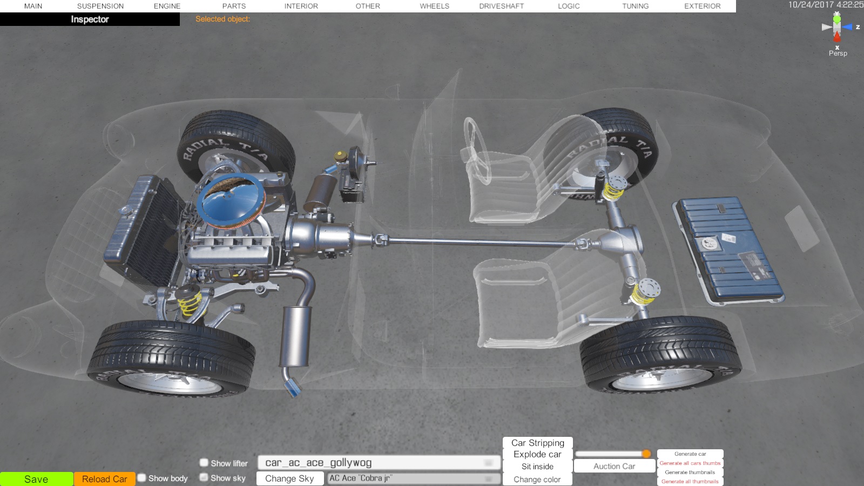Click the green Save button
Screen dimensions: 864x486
pyautogui.click(x=36, y=479)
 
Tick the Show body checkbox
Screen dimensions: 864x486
pyautogui.click(x=142, y=478)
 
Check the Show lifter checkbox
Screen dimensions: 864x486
pyautogui.click(x=204, y=462)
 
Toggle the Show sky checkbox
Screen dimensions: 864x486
pyautogui.click(x=204, y=477)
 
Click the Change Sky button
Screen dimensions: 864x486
pyautogui.click(x=289, y=478)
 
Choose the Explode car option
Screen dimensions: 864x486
pyautogui.click(x=537, y=454)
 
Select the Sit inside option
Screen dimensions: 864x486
pyautogui.click(x=537, y=467)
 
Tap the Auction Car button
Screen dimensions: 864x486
pyautogui.click(x=614, y=467)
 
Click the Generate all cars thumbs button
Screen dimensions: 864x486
pyautogui.click(x=690, y=463)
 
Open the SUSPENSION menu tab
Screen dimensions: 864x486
pyautogui.click(x=100, y=6)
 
